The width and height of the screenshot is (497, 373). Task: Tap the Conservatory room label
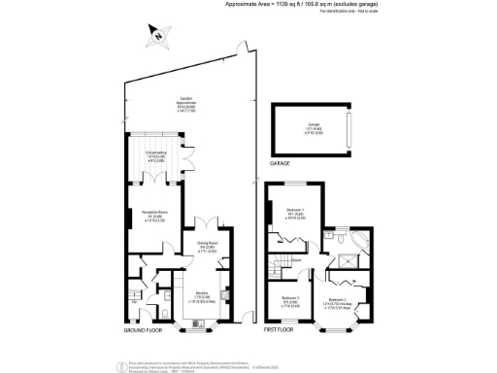156,155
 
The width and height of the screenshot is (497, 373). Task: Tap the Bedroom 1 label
296,214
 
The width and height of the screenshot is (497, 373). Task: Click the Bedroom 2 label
339,302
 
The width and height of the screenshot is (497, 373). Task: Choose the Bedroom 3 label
290,300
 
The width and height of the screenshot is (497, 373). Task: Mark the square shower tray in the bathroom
333,233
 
